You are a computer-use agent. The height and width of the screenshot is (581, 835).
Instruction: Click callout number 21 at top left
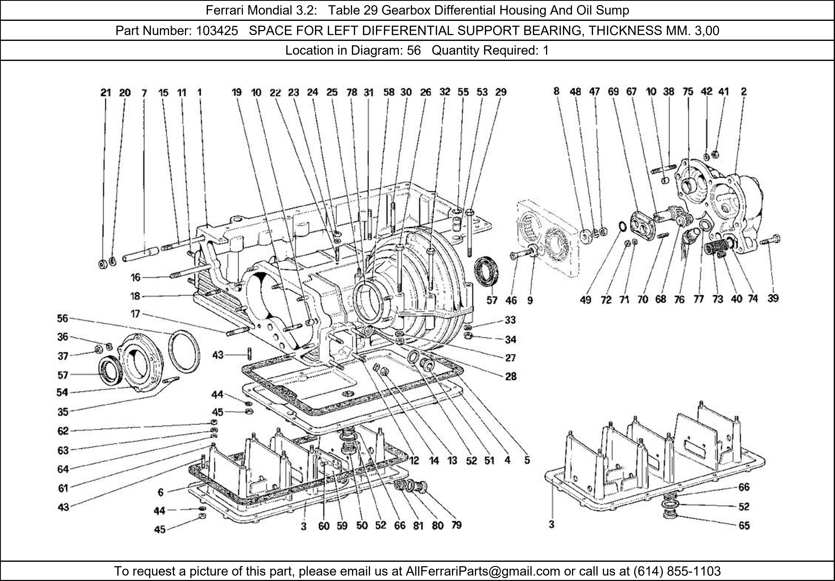tap(105, 93)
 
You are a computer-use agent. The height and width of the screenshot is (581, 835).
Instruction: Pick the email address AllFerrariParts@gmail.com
tap(483, 571)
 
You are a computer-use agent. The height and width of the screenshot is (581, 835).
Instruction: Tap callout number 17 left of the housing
tap(135, 314)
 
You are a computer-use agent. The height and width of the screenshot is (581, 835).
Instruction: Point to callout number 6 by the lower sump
tap(160, 492)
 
